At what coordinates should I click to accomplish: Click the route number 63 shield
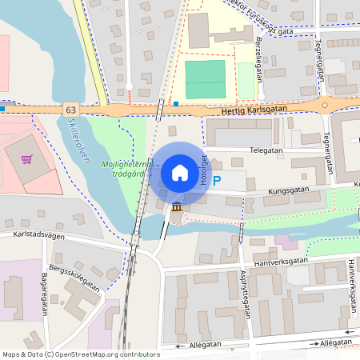point(71,109)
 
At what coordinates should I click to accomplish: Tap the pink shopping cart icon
point(27,158)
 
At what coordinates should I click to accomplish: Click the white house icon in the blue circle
point(179,173)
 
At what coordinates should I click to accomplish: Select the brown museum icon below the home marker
point(176,208)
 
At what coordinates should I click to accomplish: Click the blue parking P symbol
point(216,182)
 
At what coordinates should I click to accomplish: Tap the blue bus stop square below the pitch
point(176,103)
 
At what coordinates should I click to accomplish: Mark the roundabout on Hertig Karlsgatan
point(325,105)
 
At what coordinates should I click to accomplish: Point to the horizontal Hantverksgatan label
point(279,261)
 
